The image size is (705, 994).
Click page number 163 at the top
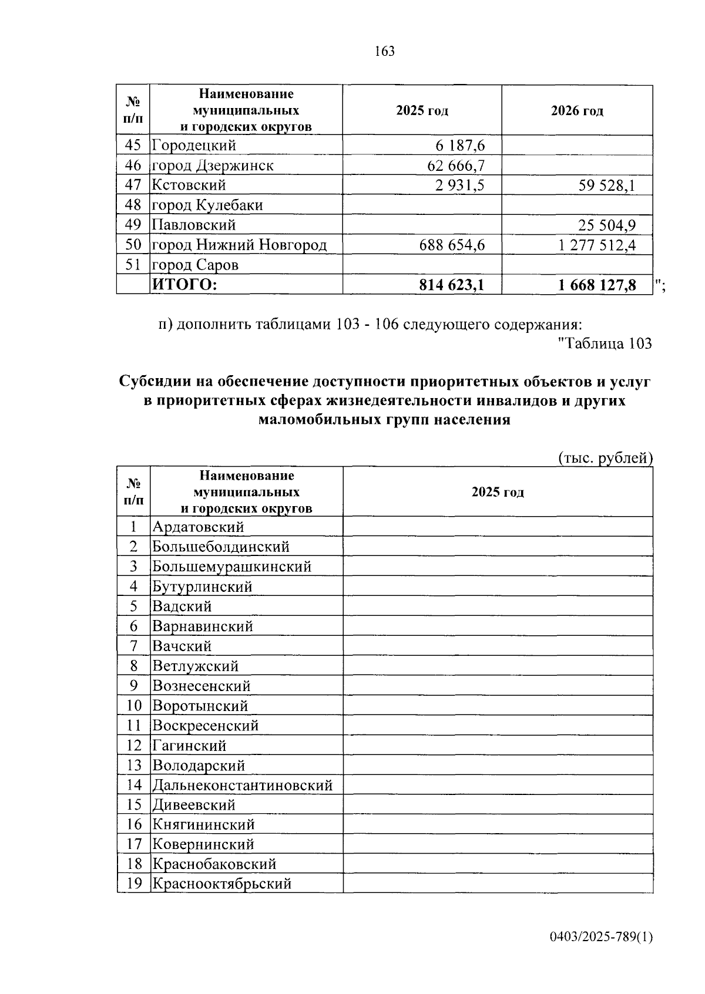(384, 51)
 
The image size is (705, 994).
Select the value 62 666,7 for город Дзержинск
(456, 166)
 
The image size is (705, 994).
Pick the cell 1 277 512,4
(597, 245)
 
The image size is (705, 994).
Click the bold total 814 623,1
(452, 285)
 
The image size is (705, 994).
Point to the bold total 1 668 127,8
(597, 285)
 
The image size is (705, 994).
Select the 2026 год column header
(577, 111)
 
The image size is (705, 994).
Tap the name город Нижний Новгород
(239, 245)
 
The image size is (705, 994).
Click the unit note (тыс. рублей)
(605, 458)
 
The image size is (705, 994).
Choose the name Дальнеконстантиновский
(242, 785)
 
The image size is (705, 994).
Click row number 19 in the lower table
(134, 884)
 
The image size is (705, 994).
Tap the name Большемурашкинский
(231, 567)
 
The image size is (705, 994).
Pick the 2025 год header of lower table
(498, 492)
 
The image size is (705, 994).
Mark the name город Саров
(195, 265)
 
